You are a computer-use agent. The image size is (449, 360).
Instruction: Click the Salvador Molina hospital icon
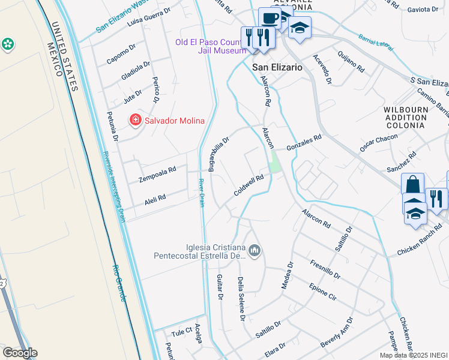click(x=136, y=121)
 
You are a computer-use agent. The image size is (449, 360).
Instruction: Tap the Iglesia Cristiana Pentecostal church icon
click(x=255, y=250)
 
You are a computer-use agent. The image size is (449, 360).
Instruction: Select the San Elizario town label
click(x=277, y=68)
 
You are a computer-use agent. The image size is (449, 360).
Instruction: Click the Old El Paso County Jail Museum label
click(x=210, y=46)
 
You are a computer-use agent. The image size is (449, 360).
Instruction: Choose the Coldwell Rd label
click(x=250, y=185)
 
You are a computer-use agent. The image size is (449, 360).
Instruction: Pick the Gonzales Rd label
click(x=304, y=142)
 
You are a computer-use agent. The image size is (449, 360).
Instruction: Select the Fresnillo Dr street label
click(x=325, y=269)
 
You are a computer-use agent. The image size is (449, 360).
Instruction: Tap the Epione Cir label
click(x=323, y=290)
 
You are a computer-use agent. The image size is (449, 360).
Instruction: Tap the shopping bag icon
click(x=412, y=184)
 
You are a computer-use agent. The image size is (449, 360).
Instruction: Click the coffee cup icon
click(x=270, y=19)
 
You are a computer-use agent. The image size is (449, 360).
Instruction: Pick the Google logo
click(x=20, y=353)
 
